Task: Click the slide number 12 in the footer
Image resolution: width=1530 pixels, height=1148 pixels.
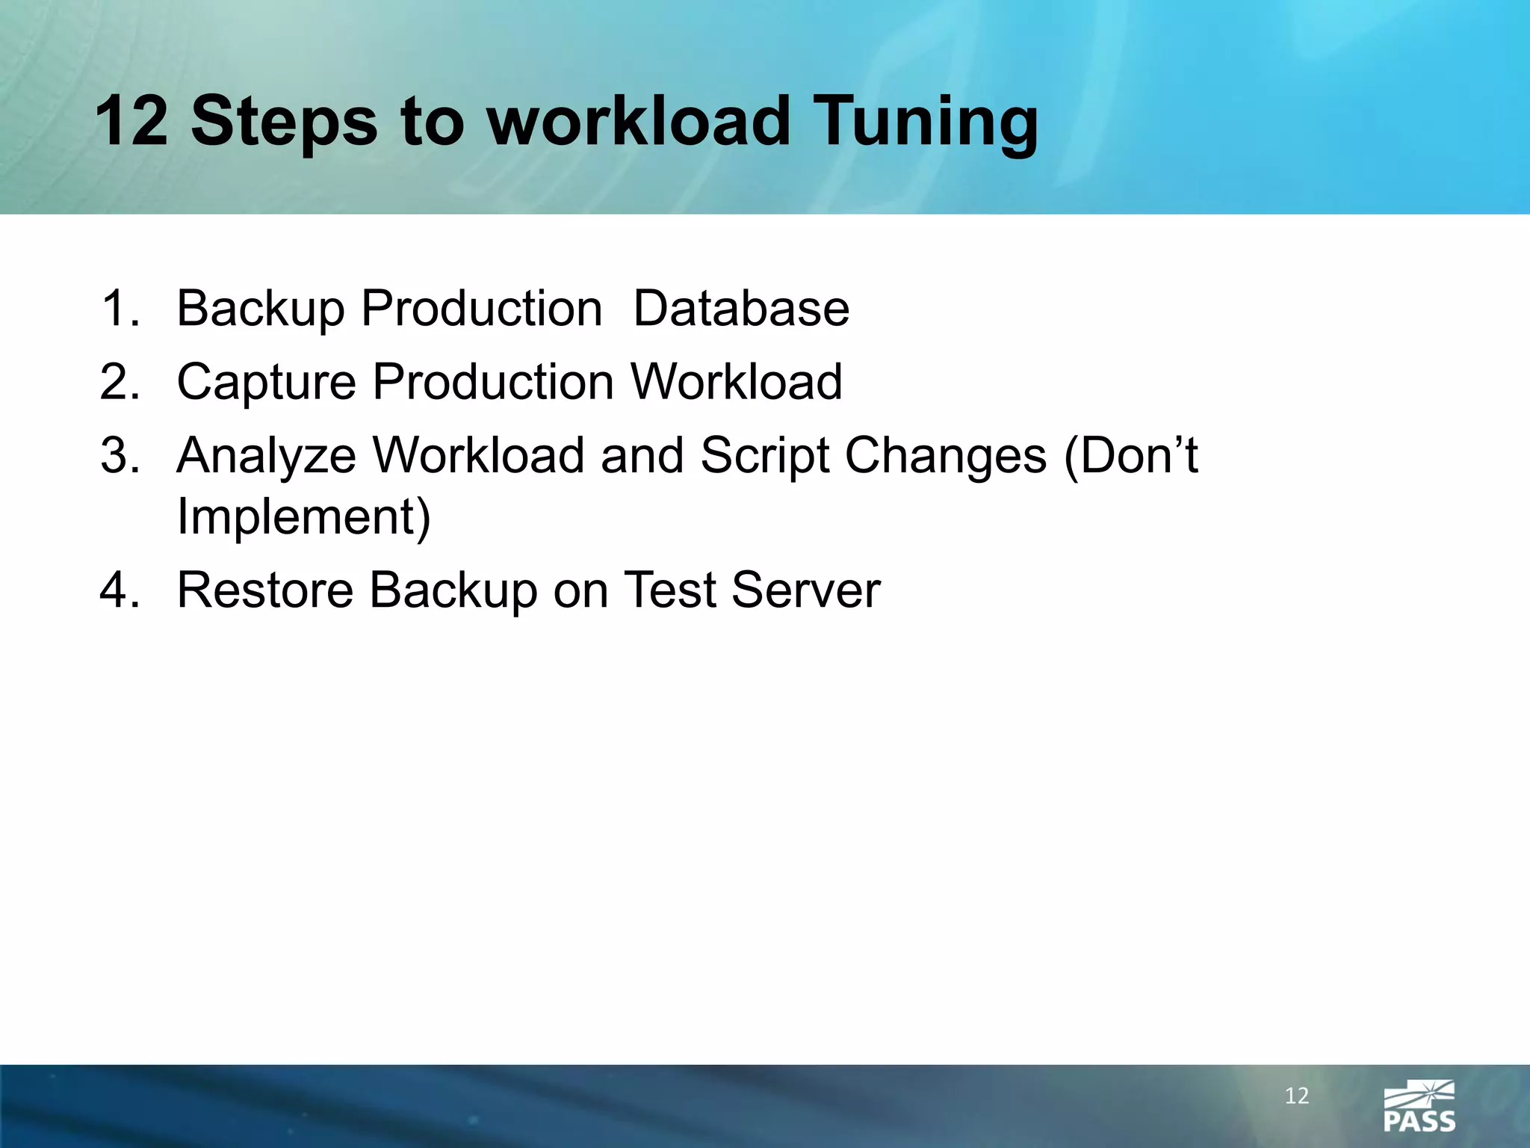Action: point(1297,1096)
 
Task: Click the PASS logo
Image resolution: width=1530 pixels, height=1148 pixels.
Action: point(1419,1107)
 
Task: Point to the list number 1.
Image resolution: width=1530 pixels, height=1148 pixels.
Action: point(120,309)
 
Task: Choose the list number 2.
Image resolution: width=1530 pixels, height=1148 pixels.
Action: point(120,382)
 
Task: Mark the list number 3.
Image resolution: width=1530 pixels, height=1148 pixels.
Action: point(120,455)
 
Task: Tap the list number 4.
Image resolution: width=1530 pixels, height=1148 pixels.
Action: point(120,590)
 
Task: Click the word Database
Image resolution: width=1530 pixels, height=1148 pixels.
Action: point(741,309)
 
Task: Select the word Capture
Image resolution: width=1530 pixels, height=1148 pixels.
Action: point(266,382)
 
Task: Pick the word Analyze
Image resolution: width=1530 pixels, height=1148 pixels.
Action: point(267,455)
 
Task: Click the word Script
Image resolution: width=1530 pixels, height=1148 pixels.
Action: point(765,455)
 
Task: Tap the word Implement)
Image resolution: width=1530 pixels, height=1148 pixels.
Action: point(304,516)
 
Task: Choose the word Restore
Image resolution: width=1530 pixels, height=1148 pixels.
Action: point(265,590)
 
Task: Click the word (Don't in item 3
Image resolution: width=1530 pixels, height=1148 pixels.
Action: point(1130,455)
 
